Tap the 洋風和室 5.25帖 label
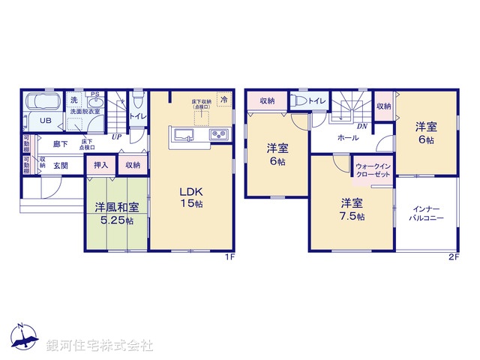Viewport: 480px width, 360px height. pos(115,213)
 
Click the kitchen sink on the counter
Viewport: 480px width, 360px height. pos(184,135)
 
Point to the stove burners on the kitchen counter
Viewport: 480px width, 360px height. pos(217,135)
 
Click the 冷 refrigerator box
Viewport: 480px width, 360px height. pos(223,98)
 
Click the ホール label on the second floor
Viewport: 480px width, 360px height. pos(347,139)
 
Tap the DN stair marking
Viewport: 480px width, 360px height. pos(361,127)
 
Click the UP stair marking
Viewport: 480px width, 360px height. pos(116,136)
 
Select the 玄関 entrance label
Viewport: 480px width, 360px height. pos(60,166)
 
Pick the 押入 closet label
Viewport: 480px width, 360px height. pos(100,165)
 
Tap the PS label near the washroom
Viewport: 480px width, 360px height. pos(94,94)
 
